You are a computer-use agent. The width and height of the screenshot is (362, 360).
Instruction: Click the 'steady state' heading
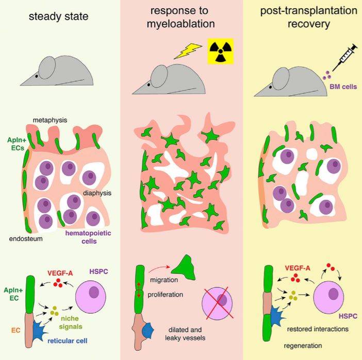click(x=59, y=17)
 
